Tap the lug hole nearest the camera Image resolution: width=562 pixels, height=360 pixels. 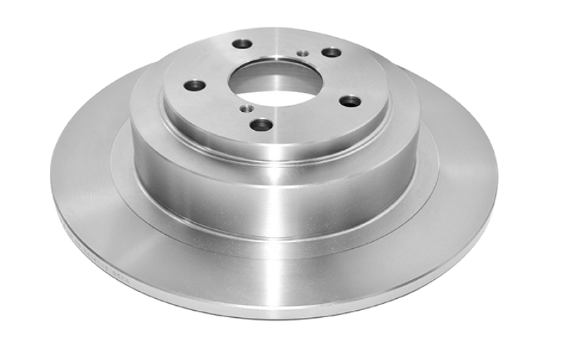261,124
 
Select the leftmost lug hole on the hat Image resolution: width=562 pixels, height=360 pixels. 195,86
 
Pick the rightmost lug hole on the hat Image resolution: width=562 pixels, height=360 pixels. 350,101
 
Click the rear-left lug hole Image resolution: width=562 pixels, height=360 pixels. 242,44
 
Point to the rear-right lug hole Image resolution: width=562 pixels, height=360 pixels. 331,52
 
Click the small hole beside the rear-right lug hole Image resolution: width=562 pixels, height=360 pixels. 303,53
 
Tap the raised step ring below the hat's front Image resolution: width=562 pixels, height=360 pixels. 274,236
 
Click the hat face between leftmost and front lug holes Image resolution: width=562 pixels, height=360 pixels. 218,112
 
